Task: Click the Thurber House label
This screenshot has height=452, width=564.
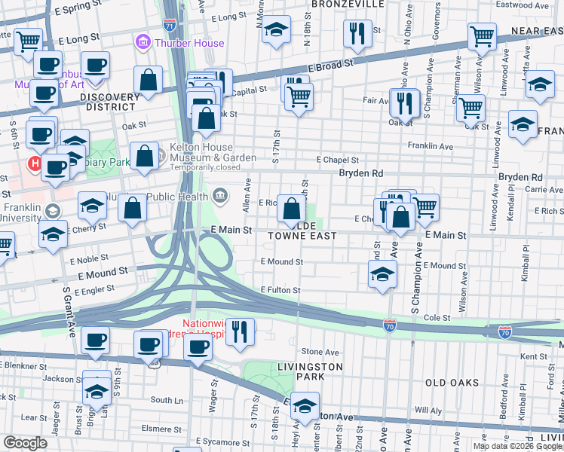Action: tap(189, 43)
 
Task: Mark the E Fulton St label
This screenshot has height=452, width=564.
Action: tap(280, 290)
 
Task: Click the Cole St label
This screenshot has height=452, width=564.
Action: tap(437, 319)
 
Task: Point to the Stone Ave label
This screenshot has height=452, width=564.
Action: tap(320, 352)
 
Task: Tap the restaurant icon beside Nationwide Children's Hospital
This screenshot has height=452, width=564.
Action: tap(240, 331)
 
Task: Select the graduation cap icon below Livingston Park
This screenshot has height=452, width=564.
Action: tap(305, 406)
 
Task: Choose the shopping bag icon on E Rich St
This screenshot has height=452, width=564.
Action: tap(291, 208)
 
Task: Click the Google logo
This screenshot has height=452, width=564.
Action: tap(25, 443)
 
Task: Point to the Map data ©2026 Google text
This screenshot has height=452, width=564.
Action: tap(517, 446)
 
